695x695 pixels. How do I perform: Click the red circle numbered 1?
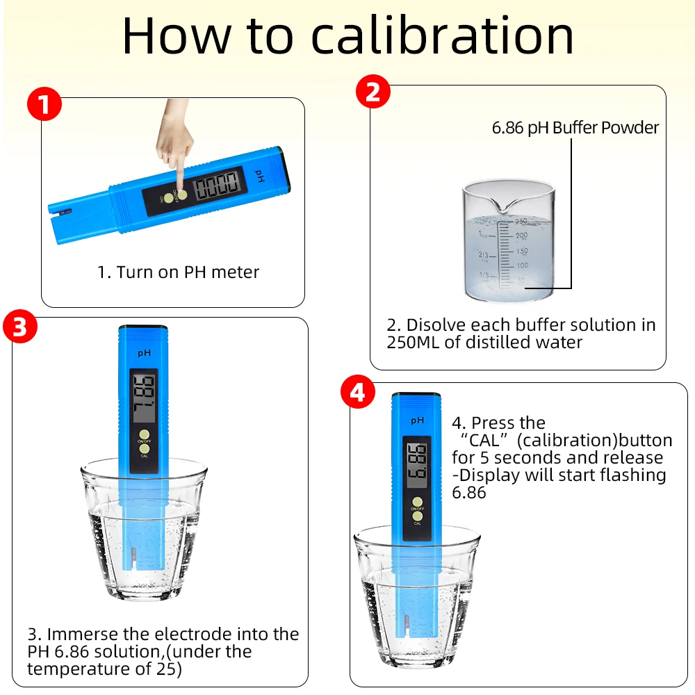[x=44, y=104]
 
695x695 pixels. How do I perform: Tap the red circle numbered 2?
[x=373, y=92]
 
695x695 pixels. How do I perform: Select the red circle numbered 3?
[x=20, y=326]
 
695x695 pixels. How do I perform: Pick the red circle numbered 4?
[x=358, y=392]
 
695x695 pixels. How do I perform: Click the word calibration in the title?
[x=442, y=35]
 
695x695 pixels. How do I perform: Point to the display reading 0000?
[x=218, y=184]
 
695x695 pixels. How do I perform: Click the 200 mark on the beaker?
[x=522, y=236]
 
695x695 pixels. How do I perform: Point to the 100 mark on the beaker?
[x=522, y=265]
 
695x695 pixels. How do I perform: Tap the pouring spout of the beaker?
[x=508, y=205]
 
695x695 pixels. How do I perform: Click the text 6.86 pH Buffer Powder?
[x=575, y=128]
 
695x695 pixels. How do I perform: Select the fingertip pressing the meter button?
[x=181, y=192]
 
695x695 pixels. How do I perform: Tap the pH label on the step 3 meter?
[x=144, y=353]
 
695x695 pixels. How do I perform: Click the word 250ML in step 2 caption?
[x=413, y=342]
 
